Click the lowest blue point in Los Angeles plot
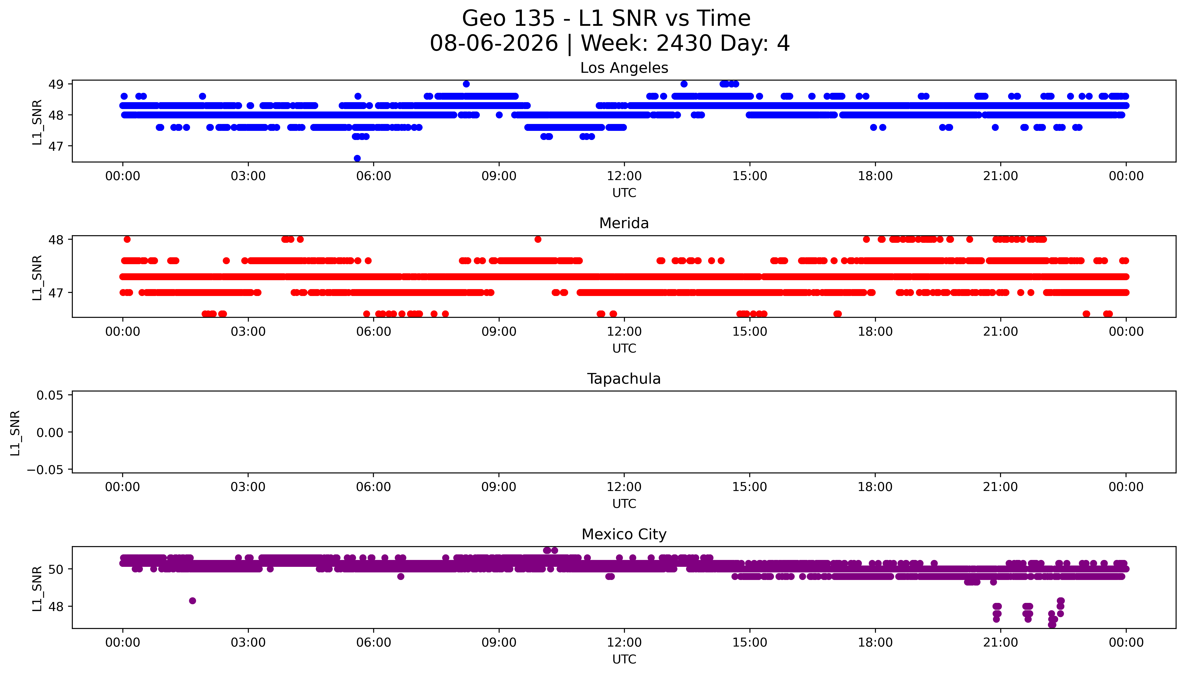(x=357, y=158)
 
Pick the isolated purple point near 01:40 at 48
(x=193, y=601)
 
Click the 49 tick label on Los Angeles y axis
(x=56, y=84)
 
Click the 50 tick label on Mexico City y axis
(x=56, y=569)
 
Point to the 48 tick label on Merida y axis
(x=56, y=240)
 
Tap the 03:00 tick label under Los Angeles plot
(x=248, y=176)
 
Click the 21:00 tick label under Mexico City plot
(x=1001, y=643)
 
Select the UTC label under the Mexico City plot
(x=624, y=659)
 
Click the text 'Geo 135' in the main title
(x=508, y=18)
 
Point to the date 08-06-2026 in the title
(x=494, y=44)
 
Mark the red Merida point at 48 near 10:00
(x=538, y=239)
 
